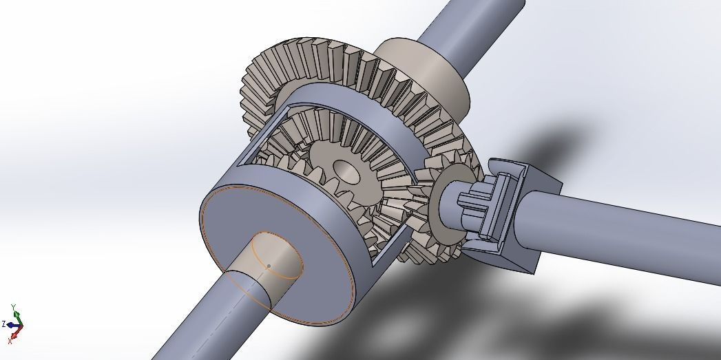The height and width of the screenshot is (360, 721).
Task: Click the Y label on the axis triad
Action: (x=14, y=307)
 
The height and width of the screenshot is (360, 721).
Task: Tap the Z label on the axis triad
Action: (x=4, y=323)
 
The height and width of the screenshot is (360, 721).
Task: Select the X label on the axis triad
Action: (x=10, y=340)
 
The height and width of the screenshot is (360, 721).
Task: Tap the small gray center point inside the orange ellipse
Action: (x=269, y=266)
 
